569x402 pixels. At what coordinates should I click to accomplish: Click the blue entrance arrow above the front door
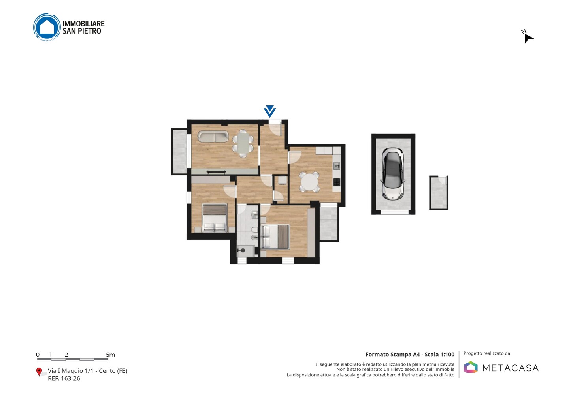[x=269, y=111]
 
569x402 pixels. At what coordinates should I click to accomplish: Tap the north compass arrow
[x=528, y=39]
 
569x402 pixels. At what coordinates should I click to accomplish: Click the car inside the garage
[x=393, y=174]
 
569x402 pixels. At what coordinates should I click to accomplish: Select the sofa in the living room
[x=213, y=136]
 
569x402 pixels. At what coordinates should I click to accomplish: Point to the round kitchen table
[x=309, y=182]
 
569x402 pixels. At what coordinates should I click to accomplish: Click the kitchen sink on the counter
[x=336, y=166]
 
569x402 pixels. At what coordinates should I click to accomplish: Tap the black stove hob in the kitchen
[x=337, y=182]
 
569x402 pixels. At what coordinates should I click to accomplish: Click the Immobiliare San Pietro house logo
[x=47, y=27]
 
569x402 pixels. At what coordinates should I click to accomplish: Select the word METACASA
[x=511, y=368]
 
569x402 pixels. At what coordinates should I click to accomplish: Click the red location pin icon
[x=39, y=372]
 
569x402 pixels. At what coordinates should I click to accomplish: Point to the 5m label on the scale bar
[x=110, y=355]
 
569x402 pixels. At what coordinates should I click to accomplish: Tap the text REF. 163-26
[x=64, y=378]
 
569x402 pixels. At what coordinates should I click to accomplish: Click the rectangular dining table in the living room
[x=243, y=143]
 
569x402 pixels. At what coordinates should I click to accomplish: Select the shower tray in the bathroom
[x=246, y=251]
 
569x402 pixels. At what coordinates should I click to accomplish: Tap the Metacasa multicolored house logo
[x=471, y=367]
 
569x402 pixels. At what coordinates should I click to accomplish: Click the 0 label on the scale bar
[x=38, y=355]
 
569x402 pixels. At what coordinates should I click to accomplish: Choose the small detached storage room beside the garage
[x=439, y=193]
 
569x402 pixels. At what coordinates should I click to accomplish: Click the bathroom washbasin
[x=255, y=216]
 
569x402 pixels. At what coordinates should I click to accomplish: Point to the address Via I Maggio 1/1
[x=70, y=371]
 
